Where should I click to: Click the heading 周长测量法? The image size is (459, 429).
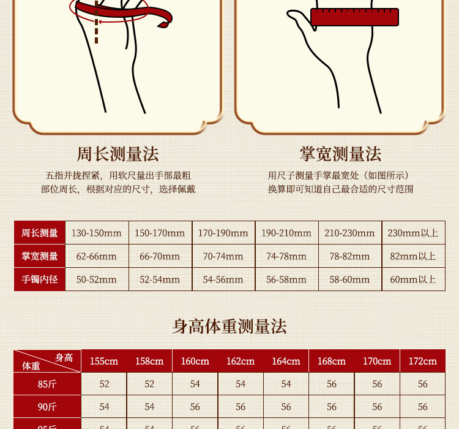(x=118, y=154)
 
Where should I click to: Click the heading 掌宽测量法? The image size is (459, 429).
(x=340, y=154)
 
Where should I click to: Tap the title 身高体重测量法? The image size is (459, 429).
(x=229, y=327)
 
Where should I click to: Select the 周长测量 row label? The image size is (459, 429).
(x=40, y=233)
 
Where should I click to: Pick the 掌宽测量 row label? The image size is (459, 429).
(x=40, y=256)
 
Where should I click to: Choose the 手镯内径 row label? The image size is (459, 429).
(x=40, y=279)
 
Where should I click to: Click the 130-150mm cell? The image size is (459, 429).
(x=96, y=233)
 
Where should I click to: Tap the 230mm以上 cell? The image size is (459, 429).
(x=412, y=233)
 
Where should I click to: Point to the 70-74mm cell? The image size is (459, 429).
(x=223, y=256)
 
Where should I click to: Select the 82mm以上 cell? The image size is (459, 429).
(x=412, y=256)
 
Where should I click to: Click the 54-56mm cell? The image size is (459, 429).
(x=223, y=279)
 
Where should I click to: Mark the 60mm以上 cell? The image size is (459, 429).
(x=412, y=279)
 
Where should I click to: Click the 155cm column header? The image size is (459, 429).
(x=104, y=361)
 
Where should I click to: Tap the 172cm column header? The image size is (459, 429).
(x=422, y=361)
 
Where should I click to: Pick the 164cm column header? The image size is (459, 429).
(x=286, y=361)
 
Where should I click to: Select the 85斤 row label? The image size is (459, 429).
(x=47, y=384)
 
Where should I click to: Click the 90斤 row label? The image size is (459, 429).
(x=47, y=407)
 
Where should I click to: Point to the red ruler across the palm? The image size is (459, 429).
(x=354, y=17)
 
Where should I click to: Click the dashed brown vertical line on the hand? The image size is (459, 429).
(x=96, y=22)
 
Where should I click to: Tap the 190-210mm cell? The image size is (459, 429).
(x=286, y=233)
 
